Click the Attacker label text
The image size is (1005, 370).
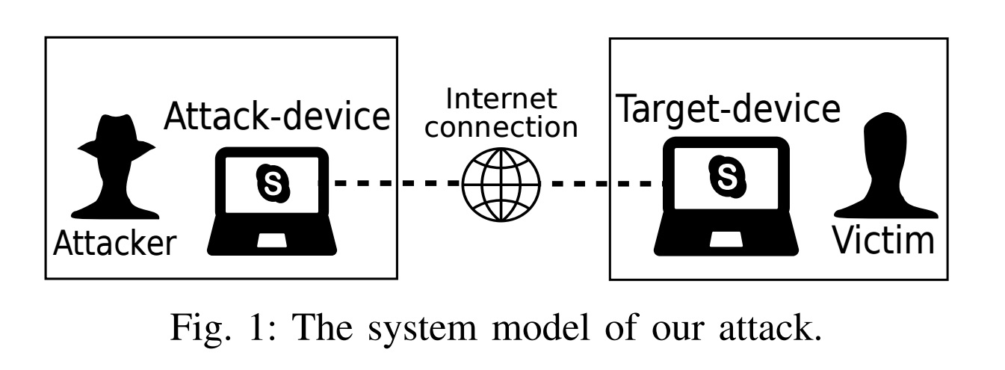tap(115, 243)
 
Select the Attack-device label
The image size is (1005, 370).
tap(276, 117)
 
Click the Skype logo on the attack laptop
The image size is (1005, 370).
tap(273, 183)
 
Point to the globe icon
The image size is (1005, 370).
tap(501, 184)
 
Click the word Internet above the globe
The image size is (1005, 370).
tap(501, 99)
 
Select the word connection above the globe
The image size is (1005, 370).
tap(501, 128)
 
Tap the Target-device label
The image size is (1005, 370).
tap(729, 110)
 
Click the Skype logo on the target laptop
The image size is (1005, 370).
tap(727, 176)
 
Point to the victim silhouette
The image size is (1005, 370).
tap(885, 165)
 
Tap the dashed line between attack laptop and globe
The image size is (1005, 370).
tap(390, 182)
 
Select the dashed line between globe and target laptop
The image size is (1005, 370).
tap(602, 183)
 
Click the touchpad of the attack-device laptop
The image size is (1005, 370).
tap(272, 240)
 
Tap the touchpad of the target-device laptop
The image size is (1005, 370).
tap(726, 239)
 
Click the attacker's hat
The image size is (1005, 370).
tap(117, 135)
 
